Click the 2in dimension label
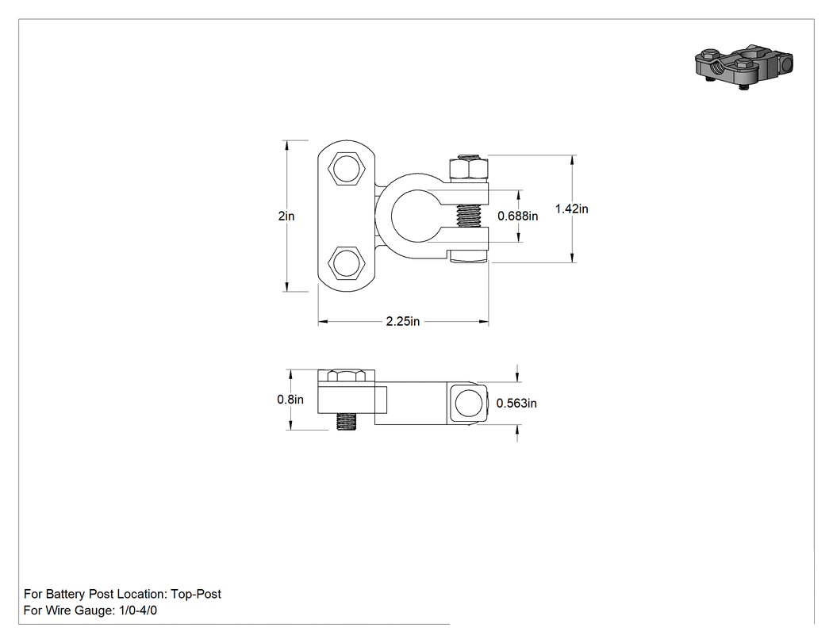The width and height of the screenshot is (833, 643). (x=286, y=216)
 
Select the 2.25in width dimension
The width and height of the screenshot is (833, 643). (x=403, y=321)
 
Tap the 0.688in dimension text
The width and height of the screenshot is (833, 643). (x=517, y=216)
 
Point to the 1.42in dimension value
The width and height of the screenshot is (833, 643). (x=572, y=209)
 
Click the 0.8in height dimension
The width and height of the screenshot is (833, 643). (x=290, y=400)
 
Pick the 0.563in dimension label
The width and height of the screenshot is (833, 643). (x=516, y=404)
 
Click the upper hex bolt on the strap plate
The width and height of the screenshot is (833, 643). (x=347, y=168)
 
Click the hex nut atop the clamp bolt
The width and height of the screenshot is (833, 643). (x=469, y=168)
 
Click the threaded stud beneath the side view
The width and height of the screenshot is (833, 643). (x=347, y=422)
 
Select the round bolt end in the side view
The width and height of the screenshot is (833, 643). (x=468, y=403)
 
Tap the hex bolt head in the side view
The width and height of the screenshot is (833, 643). (x=347, y=376)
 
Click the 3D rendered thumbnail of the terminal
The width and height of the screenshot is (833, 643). (x=744, y=66)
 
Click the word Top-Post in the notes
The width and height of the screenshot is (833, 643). (x=196, y=594)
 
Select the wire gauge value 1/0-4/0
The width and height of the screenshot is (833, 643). (x=136, y=610)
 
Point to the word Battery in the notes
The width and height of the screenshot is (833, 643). (x=66, y=594)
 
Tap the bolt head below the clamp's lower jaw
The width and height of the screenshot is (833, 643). (x=469, y=257)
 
